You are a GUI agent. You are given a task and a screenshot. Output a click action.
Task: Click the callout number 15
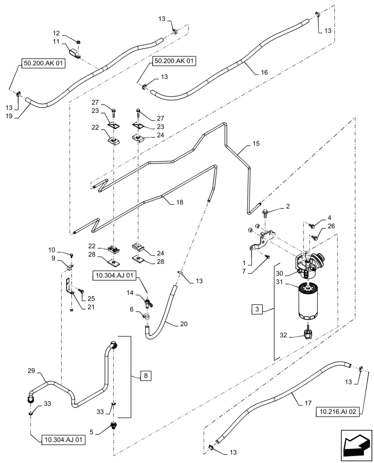[256, 144]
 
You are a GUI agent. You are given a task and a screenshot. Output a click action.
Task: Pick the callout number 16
[264, 73]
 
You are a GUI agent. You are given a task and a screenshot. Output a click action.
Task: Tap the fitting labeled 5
[114, 425]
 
